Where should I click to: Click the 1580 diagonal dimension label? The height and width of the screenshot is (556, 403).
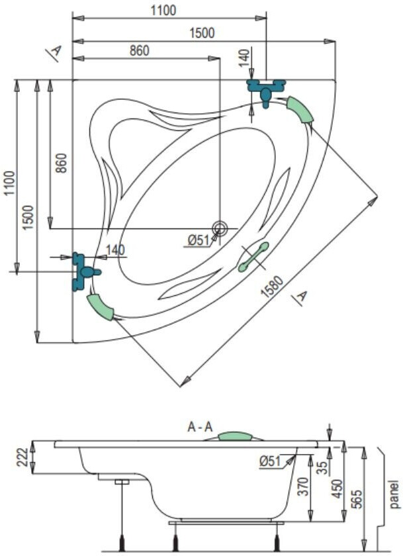[272, 287]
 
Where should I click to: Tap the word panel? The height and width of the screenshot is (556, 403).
[395, 494]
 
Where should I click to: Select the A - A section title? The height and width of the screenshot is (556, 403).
[200, 427]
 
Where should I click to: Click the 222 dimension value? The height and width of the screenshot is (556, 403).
[22, 457]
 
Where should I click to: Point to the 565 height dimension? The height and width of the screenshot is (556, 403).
[359, 499]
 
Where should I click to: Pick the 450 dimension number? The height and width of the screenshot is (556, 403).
[339, 488]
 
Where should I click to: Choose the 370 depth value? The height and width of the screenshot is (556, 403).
[304, 486]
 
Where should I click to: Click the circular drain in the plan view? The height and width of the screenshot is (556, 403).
[220, 227]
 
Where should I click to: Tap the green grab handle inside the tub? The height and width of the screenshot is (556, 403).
[253, 257]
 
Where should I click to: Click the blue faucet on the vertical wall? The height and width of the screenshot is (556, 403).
[83, 271]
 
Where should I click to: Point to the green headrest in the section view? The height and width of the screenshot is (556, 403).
[235, 436]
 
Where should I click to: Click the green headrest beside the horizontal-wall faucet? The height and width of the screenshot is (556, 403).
[300, 109]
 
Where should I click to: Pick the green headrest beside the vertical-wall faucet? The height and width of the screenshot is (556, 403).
[101, 307]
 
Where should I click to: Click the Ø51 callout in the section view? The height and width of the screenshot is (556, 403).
[270, 461]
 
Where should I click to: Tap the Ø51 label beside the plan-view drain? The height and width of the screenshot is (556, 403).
[199, 240]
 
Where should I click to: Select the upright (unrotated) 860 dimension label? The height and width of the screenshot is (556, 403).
[139, 51]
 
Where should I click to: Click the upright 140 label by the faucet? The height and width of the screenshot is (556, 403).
[116, 250]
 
